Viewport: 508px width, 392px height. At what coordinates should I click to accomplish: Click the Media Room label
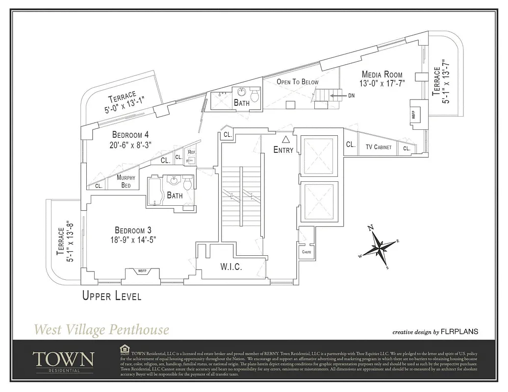point(382,74)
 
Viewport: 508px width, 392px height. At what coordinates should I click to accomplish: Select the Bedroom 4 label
point(130,135)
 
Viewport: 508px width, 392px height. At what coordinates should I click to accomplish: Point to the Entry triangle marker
point(286,140)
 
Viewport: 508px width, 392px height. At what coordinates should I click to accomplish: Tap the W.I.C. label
point(231,267)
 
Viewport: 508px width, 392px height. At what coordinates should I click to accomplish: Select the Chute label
point(306,252)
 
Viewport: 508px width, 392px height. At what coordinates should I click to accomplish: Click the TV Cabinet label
point(379,147)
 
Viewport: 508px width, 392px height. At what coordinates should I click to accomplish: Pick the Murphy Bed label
point(126,181)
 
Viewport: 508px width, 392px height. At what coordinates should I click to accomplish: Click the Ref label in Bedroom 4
point(191,152)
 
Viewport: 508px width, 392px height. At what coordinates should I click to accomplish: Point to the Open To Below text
point(297,82)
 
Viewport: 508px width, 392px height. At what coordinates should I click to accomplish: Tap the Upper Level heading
point(112,295)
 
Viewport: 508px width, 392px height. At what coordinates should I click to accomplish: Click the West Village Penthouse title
point(101,329)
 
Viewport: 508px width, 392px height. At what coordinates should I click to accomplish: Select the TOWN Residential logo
point(63,361)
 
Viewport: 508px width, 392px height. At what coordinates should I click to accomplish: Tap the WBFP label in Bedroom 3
point(142,271)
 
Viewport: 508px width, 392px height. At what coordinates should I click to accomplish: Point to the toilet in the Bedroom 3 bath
point(187,184)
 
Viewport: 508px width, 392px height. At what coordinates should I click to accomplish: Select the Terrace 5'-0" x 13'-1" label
point(122,102)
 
